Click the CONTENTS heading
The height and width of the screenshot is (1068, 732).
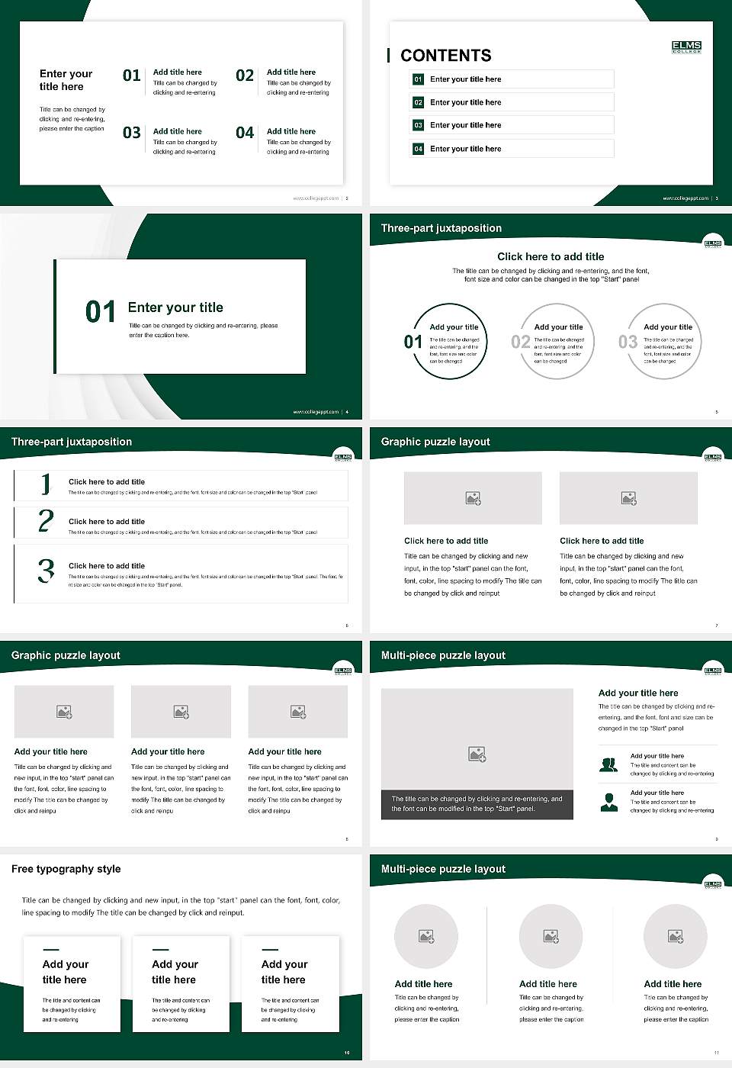(x=446, y=56)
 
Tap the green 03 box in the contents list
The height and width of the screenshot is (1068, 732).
(x=418, y=125)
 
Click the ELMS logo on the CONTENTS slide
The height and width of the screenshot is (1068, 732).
(x=686, y=47)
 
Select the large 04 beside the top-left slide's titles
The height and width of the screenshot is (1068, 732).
(x=245, y=133)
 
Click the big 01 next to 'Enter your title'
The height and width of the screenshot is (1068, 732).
(x=101, y=312)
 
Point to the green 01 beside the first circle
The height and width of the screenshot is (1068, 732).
(x=413, y=342)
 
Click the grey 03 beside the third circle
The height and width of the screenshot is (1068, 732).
(x=628, y=342)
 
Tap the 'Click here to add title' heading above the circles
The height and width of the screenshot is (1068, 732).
(x=551, y=257)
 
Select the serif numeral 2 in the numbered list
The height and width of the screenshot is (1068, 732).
(x=46, y=521)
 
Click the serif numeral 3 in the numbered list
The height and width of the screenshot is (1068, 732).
(x=46, y=571)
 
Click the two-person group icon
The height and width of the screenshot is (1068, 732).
(x=608, y=764)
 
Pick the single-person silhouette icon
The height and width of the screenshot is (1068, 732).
(x=608, y=802)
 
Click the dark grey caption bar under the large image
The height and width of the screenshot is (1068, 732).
(x=477, y=804)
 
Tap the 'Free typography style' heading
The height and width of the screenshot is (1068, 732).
(x=66, y=869)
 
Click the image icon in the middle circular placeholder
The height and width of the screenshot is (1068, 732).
(x=551, y=936)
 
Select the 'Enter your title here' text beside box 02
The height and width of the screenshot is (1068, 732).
(x=465, y=102)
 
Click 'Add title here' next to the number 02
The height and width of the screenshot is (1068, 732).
(x=291, y=72)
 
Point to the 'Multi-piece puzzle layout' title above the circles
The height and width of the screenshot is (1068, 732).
(x=443, y=869)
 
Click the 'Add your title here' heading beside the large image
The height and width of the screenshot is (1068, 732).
(x=638, y=693)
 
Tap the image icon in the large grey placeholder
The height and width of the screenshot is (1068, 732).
(x=477, y=754)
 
